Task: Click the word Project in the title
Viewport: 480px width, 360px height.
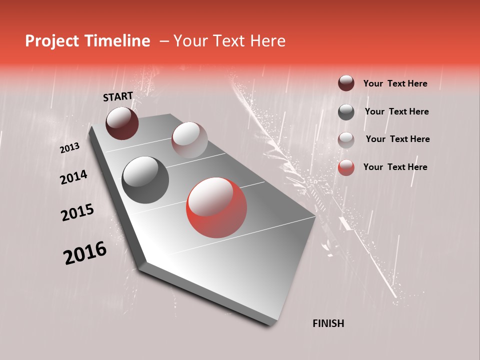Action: click(51, 41)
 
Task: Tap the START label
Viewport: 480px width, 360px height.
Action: click(118, 96)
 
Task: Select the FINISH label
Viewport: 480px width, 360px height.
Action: click(328, 323)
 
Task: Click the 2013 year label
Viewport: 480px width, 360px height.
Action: click(69, 148)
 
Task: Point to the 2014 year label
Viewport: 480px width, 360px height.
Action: click(73, 177)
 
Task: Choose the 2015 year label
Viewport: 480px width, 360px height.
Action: click(77, 212)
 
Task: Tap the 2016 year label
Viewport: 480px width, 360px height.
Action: click(85, 253)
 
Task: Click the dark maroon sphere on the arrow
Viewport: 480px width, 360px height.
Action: click(122, 123)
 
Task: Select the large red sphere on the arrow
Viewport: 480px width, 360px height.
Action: click(216, 207)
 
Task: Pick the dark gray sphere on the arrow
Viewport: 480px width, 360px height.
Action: click(145, 180)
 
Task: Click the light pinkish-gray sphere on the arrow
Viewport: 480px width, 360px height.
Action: click(189, 140)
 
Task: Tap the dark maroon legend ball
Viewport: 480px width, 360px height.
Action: click(346, 83)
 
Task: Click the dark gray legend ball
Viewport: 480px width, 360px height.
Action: click(346, 112)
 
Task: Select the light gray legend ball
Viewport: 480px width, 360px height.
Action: click(346, 139)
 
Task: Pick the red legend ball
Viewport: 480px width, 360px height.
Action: click(346, 167)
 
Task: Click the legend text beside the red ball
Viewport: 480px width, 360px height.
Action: click(395, 167)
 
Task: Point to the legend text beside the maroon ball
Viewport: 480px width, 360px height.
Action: click(395, 83)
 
